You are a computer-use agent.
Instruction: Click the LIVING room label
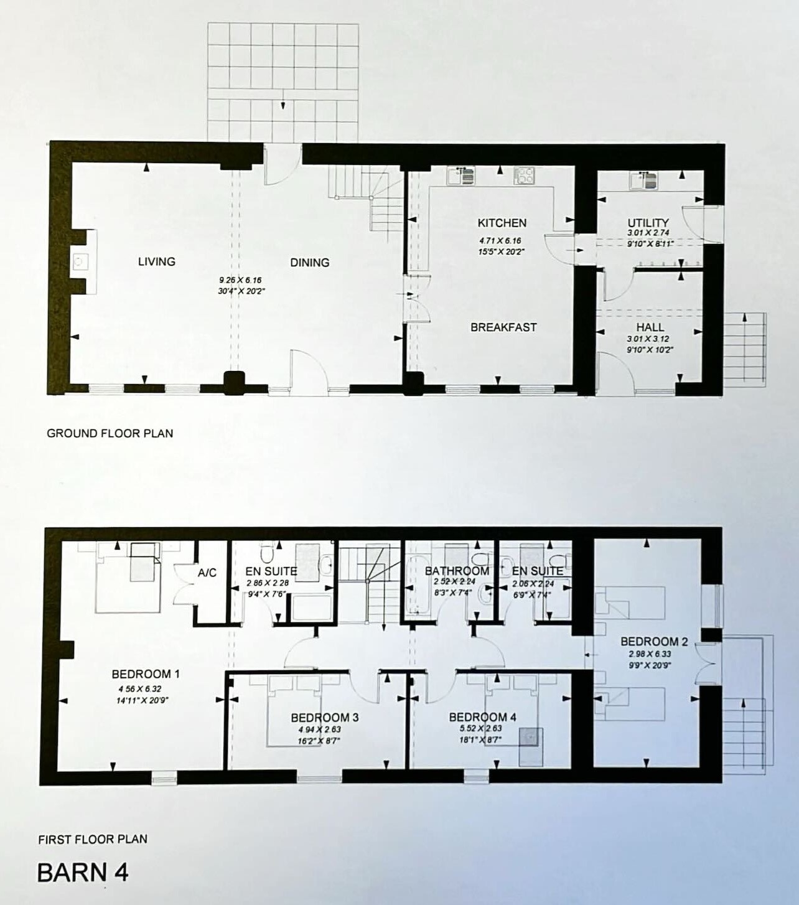156,261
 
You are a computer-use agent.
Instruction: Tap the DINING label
309,263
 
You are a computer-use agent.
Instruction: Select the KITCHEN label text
502,223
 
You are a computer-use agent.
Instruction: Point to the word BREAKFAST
503,327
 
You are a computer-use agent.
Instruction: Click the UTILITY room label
648,222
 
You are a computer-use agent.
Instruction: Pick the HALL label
650,327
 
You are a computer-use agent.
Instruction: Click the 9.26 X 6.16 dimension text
240,281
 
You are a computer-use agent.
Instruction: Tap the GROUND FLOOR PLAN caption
110,433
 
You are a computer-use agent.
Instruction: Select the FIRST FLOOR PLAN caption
93,840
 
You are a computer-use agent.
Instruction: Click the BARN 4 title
83,873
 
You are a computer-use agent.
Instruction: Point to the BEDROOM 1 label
146,674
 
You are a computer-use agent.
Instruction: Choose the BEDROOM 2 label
653,642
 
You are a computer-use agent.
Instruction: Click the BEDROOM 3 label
324,718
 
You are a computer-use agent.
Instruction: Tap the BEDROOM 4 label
482,717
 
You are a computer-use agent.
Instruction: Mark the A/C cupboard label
207,573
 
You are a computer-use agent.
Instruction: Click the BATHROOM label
457,571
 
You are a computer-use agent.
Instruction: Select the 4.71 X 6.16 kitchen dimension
500,241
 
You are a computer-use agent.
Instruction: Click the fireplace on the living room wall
82,262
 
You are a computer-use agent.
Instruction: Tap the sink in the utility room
643,181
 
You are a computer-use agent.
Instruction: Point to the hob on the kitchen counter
524,176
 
